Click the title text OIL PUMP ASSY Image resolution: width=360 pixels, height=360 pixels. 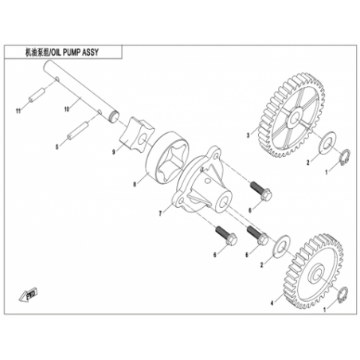click(75, 53)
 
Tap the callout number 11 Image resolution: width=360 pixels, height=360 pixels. click(18, 111)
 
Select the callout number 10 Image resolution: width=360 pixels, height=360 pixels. click(67, 109)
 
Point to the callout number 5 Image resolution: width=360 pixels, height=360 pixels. click(57, 147)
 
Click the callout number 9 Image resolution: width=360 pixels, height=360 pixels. click(114, 152)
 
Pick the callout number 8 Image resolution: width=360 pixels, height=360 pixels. click(135, 184)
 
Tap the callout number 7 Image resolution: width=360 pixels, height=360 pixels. click(160, 213)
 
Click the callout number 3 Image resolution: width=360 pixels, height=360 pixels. click(248, 135)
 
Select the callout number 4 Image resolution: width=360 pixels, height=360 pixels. click(272, 303)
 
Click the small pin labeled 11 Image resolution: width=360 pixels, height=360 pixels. click(37, 95)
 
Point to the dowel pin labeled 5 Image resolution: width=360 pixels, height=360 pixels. click(77, 130)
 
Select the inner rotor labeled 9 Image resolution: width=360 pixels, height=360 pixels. click(138, 133)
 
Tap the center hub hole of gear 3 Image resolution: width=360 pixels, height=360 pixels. click(295, 117)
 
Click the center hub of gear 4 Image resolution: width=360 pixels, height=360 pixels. click(317, 273)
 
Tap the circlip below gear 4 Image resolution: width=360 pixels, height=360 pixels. click(342, 294)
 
